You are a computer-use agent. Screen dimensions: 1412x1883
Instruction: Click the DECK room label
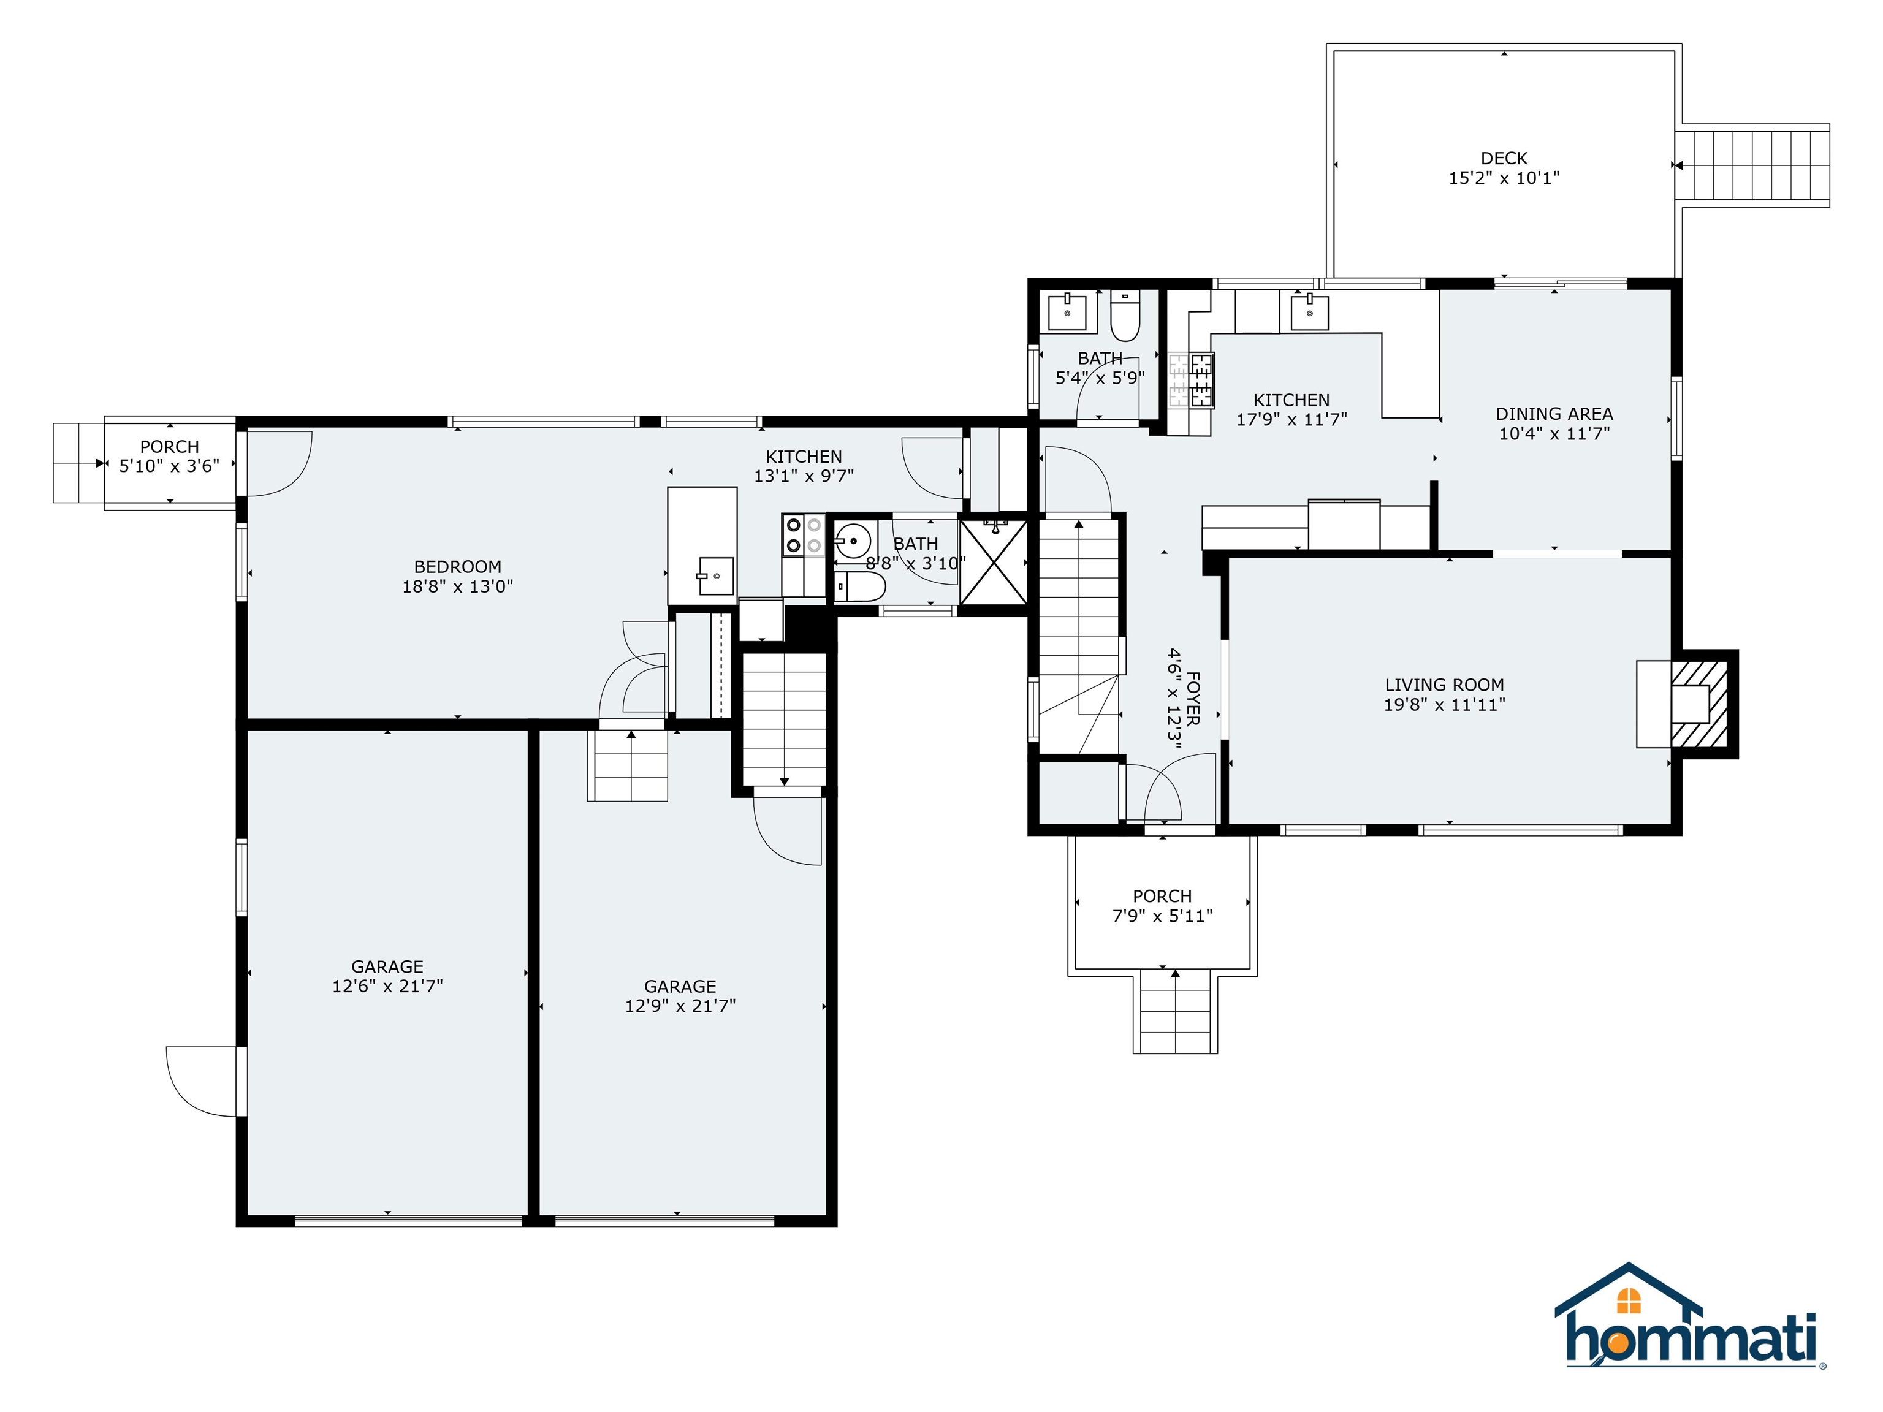point(1504,158)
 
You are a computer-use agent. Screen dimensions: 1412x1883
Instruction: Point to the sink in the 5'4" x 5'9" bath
point(1067,311)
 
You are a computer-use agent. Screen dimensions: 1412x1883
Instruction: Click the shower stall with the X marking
point(994,563)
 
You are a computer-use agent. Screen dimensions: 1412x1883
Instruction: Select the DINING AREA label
point(1554,414)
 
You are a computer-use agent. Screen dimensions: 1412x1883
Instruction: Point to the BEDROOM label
point(457,567)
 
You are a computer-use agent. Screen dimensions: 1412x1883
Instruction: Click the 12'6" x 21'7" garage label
point(387,976)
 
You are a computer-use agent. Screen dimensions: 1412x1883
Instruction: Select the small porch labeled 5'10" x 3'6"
point(169,456)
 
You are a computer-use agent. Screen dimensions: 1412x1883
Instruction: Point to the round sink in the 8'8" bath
point(851,541)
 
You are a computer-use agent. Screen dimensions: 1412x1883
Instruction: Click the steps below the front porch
point(1175,1013)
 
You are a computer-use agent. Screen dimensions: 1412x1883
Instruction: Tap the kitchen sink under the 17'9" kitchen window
point(1309,311)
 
